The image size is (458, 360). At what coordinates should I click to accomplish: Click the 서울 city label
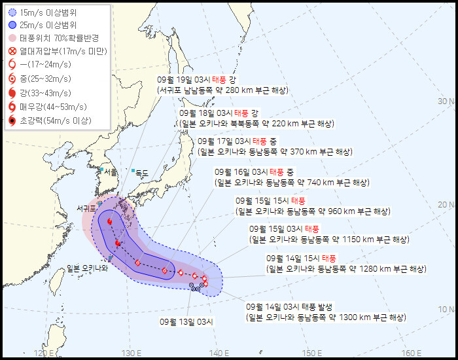[111, 172]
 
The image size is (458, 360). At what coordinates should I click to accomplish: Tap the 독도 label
[141, 173]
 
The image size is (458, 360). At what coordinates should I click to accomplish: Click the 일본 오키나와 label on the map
[87, 268]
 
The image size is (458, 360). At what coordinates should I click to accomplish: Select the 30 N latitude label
[446, 101]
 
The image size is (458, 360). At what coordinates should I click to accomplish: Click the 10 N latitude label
[446, 309]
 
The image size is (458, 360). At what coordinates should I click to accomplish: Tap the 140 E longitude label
[218, 353]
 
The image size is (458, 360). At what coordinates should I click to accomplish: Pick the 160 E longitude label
[412, 353]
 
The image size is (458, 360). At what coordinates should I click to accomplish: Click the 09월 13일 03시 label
[187, 321]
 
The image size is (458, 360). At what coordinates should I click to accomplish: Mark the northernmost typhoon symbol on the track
[109, 222]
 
